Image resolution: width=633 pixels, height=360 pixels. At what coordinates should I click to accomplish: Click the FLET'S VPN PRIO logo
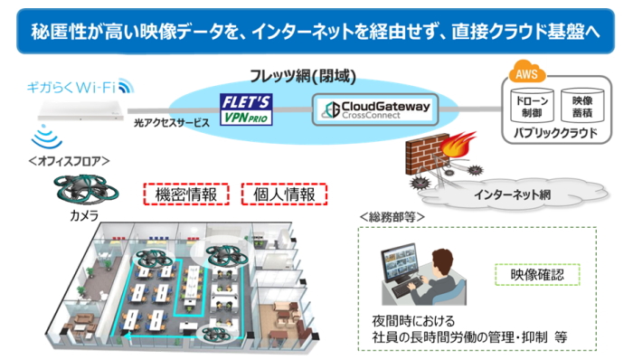247,107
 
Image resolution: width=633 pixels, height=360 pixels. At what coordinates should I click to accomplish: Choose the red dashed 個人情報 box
284,194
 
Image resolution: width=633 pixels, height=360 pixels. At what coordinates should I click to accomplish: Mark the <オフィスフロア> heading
70,161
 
